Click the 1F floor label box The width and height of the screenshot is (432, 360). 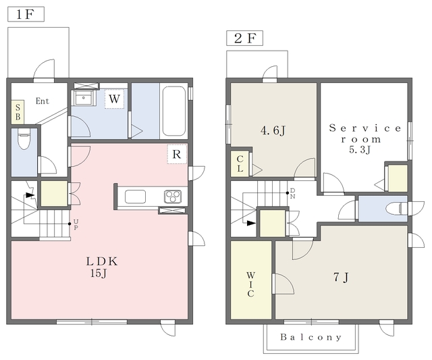pyautogui.click(x=26, y=14)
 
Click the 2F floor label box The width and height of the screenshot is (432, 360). pyautogui.click(x=244, y=38)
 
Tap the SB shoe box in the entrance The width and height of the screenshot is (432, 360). pyautogui.click(x=18, y=112)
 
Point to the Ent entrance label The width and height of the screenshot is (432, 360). pyautogui.click(x=43, y=101)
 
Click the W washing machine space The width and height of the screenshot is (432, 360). pyautogui.click(x=114, y=99)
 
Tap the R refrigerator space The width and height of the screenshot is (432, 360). pyautogui.click(x=177, y=154)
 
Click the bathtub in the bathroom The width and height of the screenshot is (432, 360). pyautogui.click(x=173, y=111)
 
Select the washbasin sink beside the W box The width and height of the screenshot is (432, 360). pyautogui.click(x=83, y=97)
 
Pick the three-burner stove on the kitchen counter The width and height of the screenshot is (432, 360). pyautogui.click(x=173, y=197)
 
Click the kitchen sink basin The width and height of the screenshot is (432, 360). pyautogui.click(x=135, y=197)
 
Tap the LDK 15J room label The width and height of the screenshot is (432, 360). pyautogui.click(x=102, y=267)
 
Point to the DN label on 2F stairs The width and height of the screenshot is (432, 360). pyautogui.click(x=292, y=193)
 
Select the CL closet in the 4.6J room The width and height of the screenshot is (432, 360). pyautogui.click(x=240, y=163)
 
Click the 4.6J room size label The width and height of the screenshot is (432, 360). pyautogui.click(x=273, y=130)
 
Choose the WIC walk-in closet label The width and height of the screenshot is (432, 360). pyautogui.click(x=250, y=284)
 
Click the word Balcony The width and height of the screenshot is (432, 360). pyautogui.click(x=311, y=337)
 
